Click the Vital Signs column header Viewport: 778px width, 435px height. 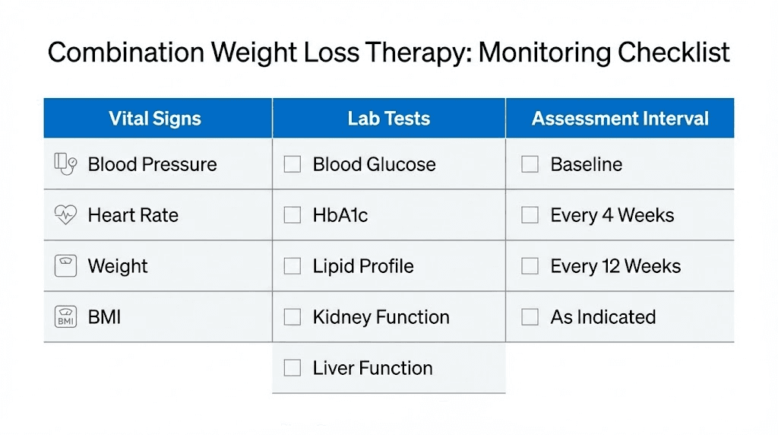coord(155,119)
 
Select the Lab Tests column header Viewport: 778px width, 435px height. coord(389,119)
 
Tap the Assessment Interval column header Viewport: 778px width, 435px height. coord(620,119)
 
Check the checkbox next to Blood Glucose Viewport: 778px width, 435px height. coord(293,164)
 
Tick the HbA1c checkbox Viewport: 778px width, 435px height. coord(293,215)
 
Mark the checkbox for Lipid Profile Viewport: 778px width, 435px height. coord(293,266)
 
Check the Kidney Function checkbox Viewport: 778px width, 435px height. coord(293,317)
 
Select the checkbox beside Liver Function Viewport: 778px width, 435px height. coord(293,368)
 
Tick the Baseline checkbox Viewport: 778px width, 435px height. coord(530,164)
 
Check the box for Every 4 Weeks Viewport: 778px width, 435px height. coord(530,215)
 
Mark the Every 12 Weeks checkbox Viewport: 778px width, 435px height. coord(530,266)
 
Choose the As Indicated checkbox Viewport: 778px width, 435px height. coord(530,317)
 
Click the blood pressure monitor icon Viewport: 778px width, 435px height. coord(65,164)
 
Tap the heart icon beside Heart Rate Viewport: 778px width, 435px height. coord(65,215)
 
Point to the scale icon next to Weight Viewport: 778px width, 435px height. coord(65,266)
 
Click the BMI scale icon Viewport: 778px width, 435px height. coord(65,317)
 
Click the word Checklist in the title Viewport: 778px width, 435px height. coord(674,53)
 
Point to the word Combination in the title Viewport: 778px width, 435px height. coord(125,53)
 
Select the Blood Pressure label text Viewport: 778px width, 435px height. coord(152,164)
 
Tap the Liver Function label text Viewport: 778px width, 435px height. coord(372,368)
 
